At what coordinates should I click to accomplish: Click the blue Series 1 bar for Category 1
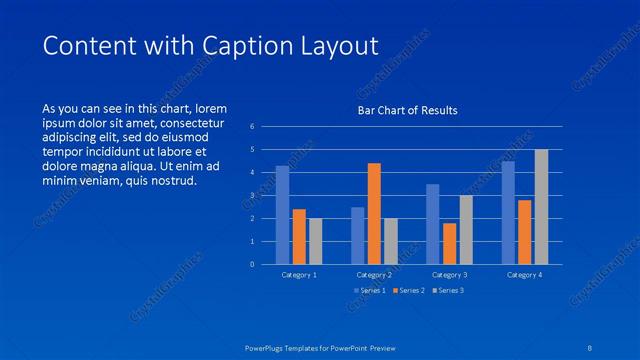[x=282, y=215]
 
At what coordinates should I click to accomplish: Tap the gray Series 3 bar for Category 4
[x=541, y=207]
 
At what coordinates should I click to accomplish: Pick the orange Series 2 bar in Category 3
[x=449, y=243]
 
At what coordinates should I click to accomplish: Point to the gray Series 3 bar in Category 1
[x=315, y=241]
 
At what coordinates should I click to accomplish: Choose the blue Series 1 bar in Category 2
[x=357, y=236]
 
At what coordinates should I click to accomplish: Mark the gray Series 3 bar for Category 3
[x=466, y=230]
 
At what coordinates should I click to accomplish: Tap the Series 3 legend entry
[x=448, y=291]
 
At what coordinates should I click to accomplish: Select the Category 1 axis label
[x=299, y=274]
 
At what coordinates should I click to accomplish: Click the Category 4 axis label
[x=524, y=274]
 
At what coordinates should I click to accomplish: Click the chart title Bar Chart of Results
[x=408, y=110]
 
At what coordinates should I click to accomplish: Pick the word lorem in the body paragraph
[x=211, y=108]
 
